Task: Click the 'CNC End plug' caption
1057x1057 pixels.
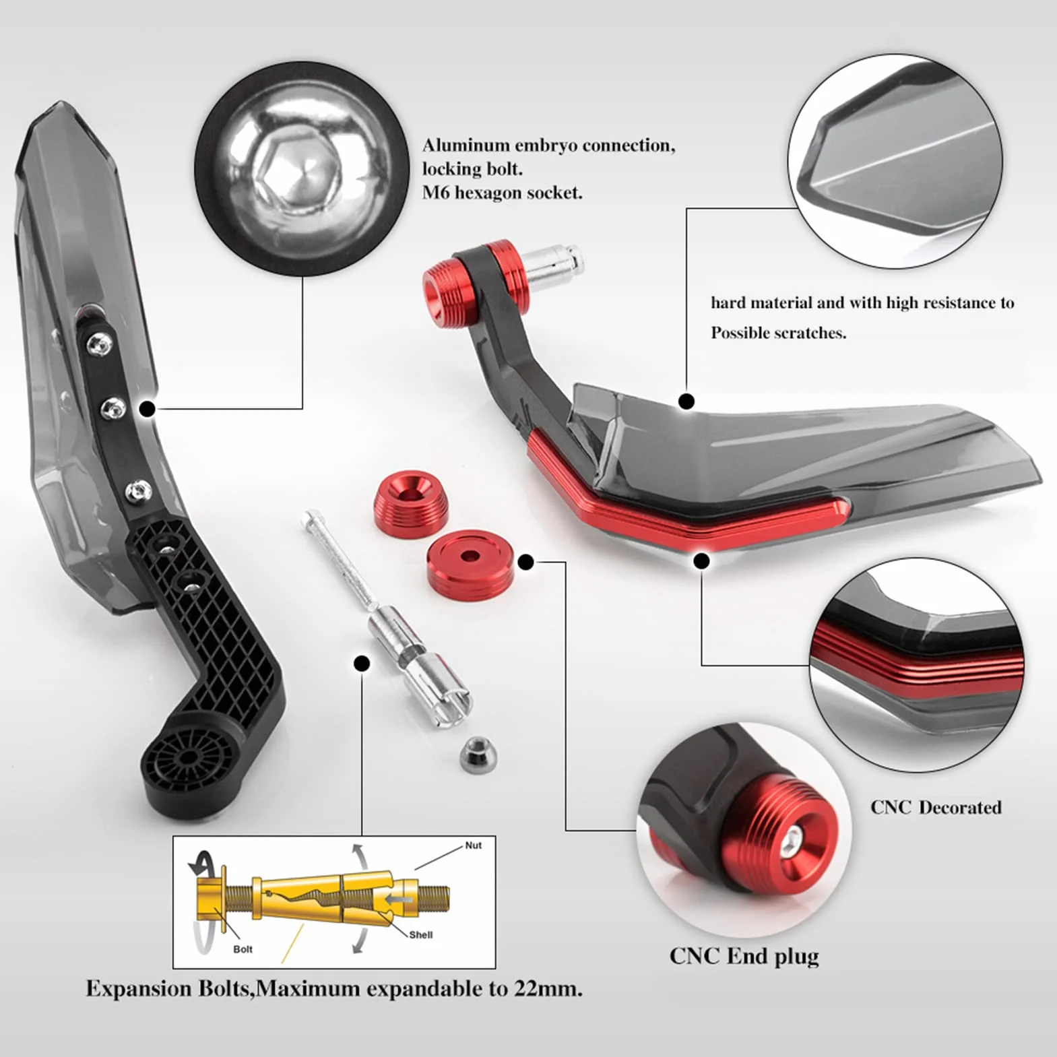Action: (744, 956)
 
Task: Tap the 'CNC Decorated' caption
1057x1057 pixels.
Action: (936, 807)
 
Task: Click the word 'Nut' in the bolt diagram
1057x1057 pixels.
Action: (473, 845)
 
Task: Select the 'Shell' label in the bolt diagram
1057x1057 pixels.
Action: (421, 934)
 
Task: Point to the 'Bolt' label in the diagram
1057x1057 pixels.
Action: (243, 949)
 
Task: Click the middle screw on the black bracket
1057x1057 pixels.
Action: (113, 408)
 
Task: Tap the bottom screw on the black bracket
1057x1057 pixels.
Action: (138, 490)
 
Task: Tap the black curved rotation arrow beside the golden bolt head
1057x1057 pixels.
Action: (204, 862)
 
